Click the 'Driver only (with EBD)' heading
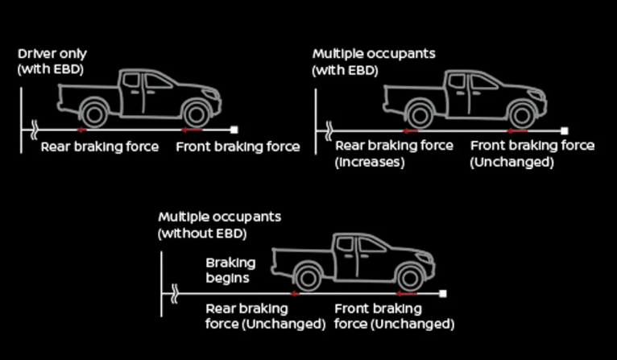pos(53,61)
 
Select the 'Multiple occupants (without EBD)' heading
pos(219,226)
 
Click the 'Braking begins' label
pos(230,271)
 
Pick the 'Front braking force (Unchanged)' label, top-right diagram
pos(532,153)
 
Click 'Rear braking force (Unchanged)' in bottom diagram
pos(265,316)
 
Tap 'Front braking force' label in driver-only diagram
pos(238,147)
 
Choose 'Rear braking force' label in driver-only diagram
pos(100,147)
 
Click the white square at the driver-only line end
pos(234,129)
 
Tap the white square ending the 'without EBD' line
pos(443,294)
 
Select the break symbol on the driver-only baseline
pos(35,128)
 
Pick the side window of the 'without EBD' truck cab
pos(373,245)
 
